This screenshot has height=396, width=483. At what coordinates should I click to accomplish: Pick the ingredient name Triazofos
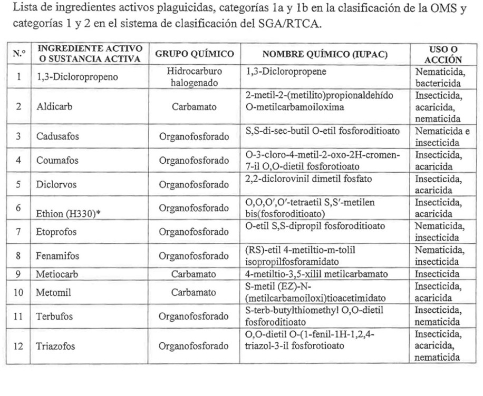pyautogui.click(x=53, y=346)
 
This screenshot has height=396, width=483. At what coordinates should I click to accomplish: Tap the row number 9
pyautogui.click(x=18, y=274)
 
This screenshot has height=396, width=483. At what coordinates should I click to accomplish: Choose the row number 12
pyautogui.click(x=18, y=346)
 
